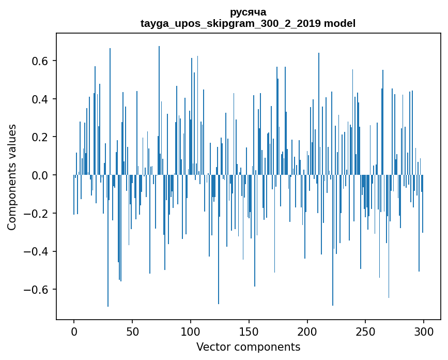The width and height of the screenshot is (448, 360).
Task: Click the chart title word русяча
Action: click(248, 12)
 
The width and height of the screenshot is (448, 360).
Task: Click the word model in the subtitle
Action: click(339, 23)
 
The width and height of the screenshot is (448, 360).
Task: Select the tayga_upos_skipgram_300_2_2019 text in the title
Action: click(230, 23)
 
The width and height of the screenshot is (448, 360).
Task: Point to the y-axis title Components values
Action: click(12, 177)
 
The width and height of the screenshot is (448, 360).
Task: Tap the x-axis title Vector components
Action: click(248, 347)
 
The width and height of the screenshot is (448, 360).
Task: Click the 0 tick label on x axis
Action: click(74, 331)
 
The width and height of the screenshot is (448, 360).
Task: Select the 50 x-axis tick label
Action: click(132, 331)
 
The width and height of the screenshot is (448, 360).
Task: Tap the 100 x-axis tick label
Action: click(191, 331)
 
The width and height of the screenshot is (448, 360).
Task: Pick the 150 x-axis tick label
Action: click(249, 331)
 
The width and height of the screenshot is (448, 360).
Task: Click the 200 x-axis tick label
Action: click(307, 331)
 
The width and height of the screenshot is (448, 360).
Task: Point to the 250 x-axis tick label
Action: click(366, 331)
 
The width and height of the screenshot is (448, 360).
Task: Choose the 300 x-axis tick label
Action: click(424, 331)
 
